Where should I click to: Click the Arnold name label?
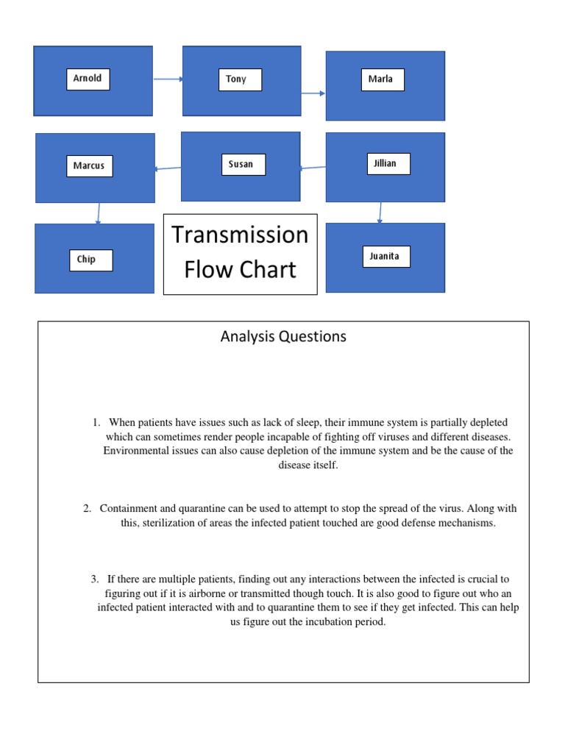pyautogui.click(x=88, y=79)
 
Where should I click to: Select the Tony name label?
pyautogui.click(x=239, y=79)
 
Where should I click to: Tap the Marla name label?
pyautogui.click(x=382, y=79)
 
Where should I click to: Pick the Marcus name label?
pyautogui.click(x=89, y=165)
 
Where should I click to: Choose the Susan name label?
pyautogui.click(x=242, y=164)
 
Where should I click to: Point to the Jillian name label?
pyautogui.click(x=387, y=163)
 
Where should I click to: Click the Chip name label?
pyautogui.click(x=90, y=260)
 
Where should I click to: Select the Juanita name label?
pyautogui.click(x=386, y=257)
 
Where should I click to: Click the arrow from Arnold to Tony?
pyautogui.click(x=168, y=79)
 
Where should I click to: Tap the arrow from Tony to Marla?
pyautogui.click(x=313, y=93)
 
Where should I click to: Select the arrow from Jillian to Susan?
pyautogui.click(x=313, y=168)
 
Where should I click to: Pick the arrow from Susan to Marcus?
pyautogui.click(x=168, y=168)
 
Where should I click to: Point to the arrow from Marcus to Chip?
pyautogui.click(x=98, y=213)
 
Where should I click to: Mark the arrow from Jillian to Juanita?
pyautogui.click(x=380, y=212)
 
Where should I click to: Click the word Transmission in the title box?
pyautogui.click(x=240, y=235)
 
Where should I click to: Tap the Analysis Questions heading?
pyautogui.click(x=283, y=337)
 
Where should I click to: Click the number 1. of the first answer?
pyautogui.click(x=96, y=423)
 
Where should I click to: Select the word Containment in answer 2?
pyautogui.click(x=128, y=508)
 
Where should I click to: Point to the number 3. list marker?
pyautogui.click(x=95, y=579)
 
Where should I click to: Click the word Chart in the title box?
pyautogui.click(x=269, y=269)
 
